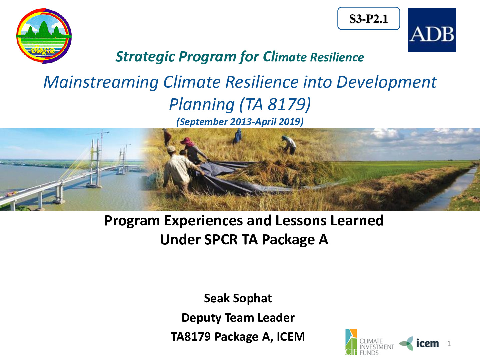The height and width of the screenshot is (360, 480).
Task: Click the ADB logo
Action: [x=432, y=30]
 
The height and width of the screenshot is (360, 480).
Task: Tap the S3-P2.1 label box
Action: [x=369, y=18]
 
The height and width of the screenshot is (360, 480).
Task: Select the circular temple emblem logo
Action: [x=44, y=36]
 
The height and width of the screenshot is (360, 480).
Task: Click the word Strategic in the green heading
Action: [x=145, y=57]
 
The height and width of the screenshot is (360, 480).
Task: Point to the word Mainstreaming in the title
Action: [x=101, y=82]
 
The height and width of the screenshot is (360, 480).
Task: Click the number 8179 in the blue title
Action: [x=285, y=104]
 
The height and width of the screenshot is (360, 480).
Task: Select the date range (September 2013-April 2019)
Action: [x=240, y=122]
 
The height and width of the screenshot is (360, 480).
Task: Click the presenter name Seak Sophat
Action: [x=238, y=298]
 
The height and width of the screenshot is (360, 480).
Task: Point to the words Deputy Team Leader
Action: [x=238, y=318]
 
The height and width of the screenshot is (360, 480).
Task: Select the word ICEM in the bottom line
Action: [x=291, y=337]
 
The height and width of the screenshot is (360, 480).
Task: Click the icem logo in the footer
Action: [x=419, y=343]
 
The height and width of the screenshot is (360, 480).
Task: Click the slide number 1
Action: [x=449, y=344]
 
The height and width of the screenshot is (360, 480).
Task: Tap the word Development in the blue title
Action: [x=386, y=82]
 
